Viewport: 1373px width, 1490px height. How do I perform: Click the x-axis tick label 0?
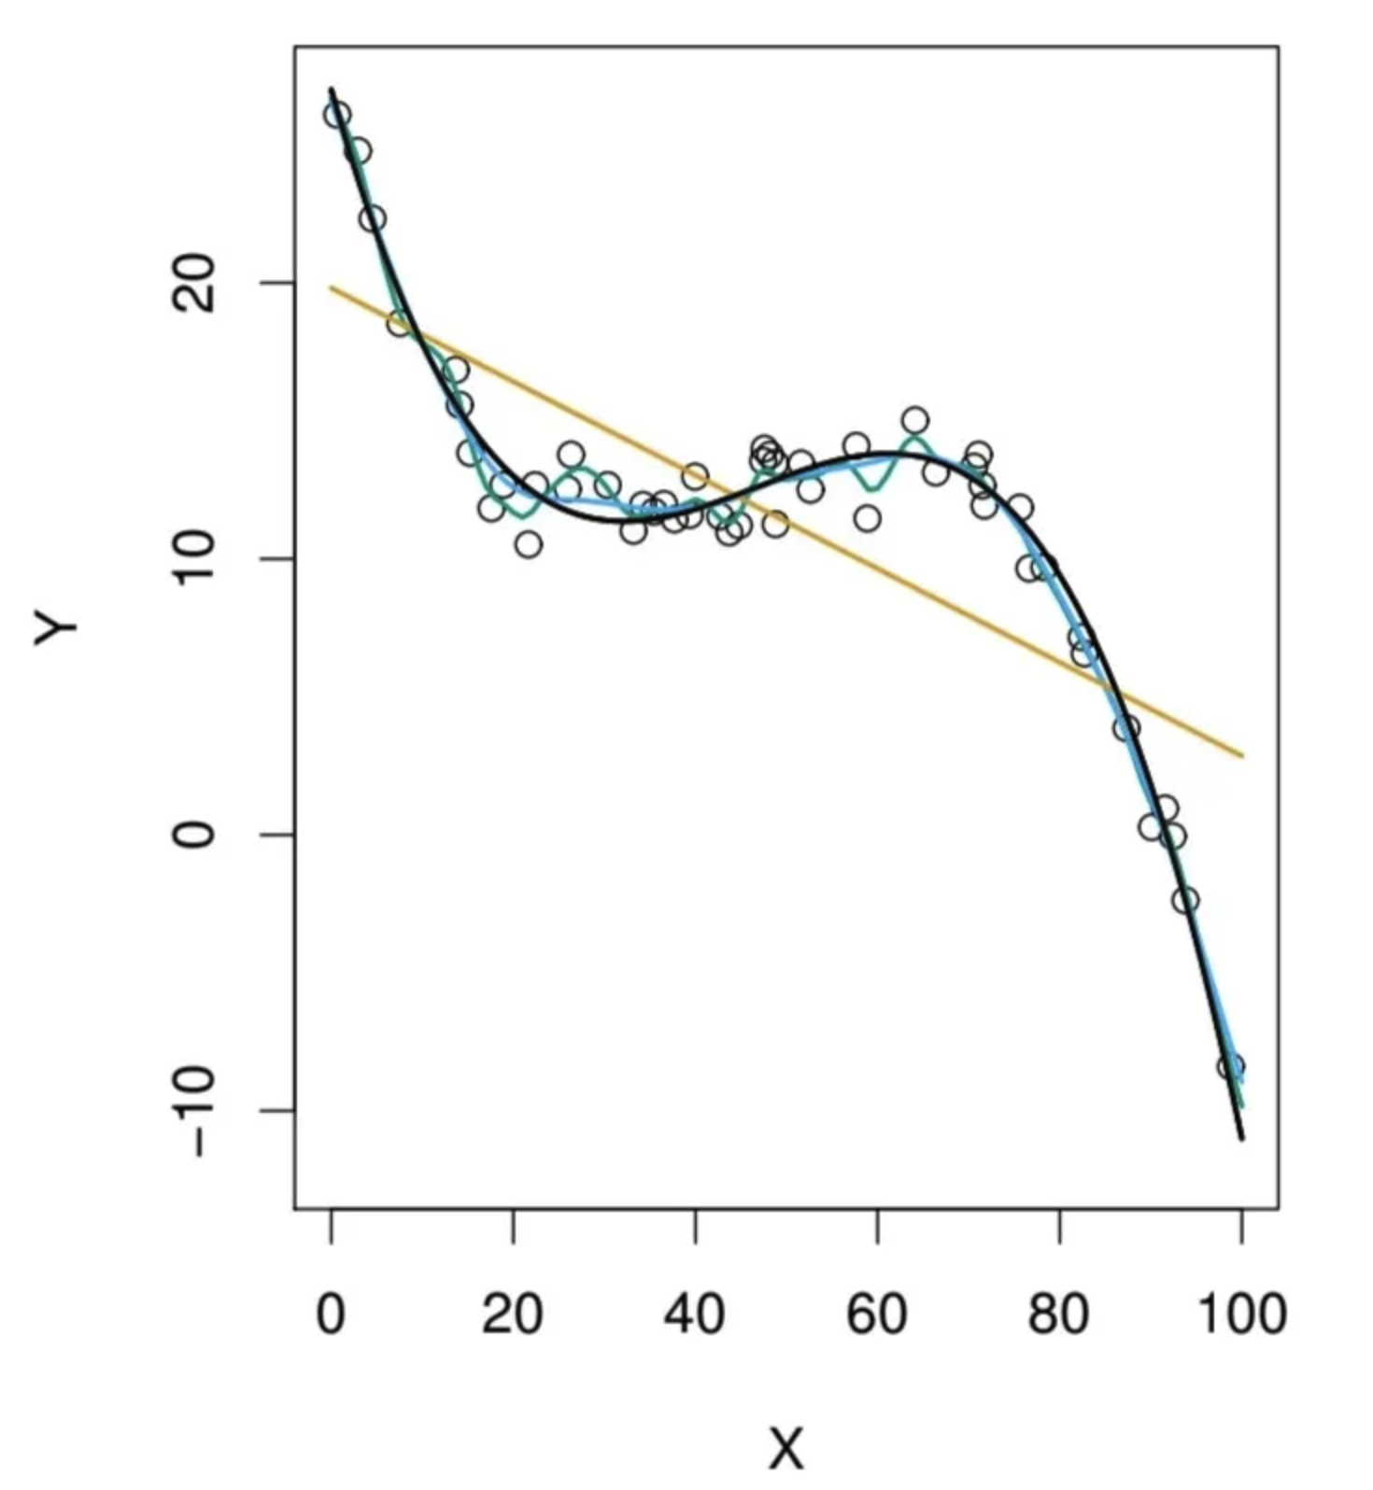click(331, 1314)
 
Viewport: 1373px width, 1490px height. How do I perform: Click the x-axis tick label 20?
click(512, 1314)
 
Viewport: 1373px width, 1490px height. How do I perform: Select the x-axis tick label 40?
click(694, 1314)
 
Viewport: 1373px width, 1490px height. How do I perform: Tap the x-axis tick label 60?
click(876, 1314)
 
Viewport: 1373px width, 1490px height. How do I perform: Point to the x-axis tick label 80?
click(1058, 1314)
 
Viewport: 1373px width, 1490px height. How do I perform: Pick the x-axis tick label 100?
click(1241, 1314)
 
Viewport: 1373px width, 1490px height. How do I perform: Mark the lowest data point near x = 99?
click(1231, 1066)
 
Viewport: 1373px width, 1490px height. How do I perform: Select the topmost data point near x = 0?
click(337, 115)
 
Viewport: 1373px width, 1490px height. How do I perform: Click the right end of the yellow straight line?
click(1243, 756)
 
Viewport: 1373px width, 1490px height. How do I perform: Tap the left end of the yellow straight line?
click(331, 288)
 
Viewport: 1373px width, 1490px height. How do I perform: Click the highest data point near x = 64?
click(915, 420)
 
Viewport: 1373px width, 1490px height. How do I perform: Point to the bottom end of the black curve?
click(1242, 1138)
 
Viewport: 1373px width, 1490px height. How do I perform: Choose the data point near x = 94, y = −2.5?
click(1185, 900)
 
